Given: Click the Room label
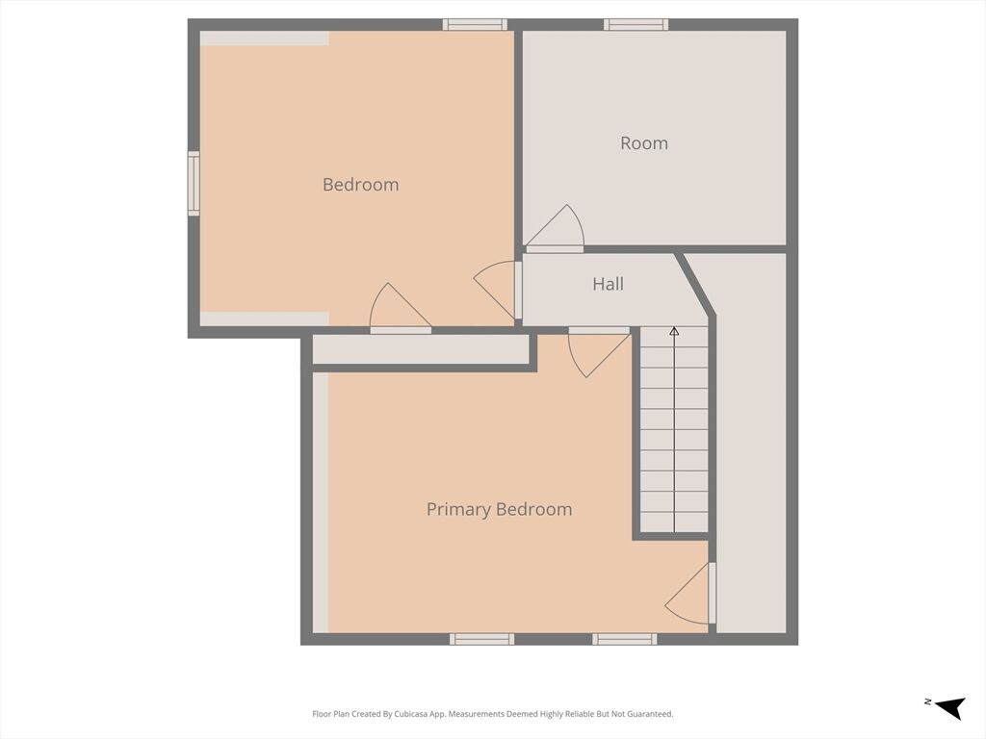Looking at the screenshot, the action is click(644, 143).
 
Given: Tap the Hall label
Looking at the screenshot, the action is click(609, 284).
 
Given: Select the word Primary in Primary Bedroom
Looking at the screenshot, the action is click(458, 510).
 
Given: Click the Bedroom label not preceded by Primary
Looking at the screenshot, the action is click(360, 185).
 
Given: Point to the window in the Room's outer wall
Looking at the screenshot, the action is click(636, 25).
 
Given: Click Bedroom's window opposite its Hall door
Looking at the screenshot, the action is click(195, 184).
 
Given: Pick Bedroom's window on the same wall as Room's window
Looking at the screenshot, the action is click(475, 25).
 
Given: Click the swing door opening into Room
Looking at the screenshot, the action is click(555, 227).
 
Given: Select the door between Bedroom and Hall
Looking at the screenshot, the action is click(497, 291).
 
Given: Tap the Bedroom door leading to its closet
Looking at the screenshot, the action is click(401, 308).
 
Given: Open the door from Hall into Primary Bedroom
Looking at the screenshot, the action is click(599, 352).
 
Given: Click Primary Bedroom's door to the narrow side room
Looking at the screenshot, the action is click(690, 593).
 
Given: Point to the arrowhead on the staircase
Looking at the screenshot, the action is click(674, 331).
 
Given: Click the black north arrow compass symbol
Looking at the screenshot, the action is click(950, 707).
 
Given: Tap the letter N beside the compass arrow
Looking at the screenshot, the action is click(928, 701).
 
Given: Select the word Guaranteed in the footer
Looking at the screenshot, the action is click(652, 714).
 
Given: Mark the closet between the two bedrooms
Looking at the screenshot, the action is click(421, 348).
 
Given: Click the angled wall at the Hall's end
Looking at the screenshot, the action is click(695, 284).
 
